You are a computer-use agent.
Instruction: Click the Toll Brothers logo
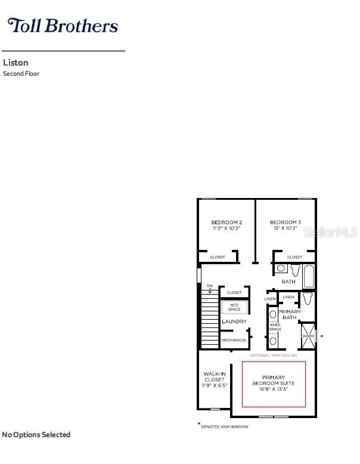62,26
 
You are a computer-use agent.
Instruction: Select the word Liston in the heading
15,63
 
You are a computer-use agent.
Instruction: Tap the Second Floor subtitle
21,74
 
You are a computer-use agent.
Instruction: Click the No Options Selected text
36,435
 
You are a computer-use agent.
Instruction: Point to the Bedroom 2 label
226,222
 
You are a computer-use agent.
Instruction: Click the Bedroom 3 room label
285,222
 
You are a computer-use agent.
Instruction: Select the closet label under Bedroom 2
218,257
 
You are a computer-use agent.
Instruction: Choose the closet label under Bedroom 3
294,257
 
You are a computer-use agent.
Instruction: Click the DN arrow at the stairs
210,289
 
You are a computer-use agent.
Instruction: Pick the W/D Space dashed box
234,307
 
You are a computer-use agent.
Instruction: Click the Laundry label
234,321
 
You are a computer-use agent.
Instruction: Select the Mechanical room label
234,340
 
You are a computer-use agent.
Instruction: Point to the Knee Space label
275,327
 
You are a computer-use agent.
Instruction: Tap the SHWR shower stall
308,336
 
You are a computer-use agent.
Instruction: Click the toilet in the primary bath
307,298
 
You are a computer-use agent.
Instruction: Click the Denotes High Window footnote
224,426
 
